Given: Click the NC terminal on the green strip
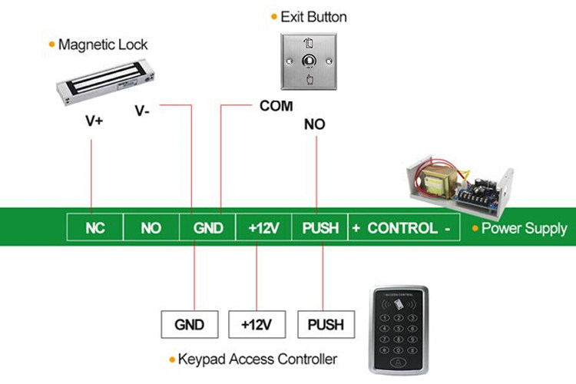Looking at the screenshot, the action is pyautogui.click(x=94, y=228).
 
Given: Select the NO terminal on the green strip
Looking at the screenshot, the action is pyautogui.click(x=151, y=228).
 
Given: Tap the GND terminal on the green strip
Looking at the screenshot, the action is pyautogui.click(x=207, y=228).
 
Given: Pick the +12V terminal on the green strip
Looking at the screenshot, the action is pyautogui.click(x=263, y=228).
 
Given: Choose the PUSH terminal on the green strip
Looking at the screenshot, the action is pyautogui.click(x=320, y=228).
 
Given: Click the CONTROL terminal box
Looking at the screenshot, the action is pyautogui.click(x=404, y=228).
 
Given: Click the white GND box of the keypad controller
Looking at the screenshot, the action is pyautogui.click(x=190, y=324).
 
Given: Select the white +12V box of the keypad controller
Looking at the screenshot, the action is pyautogui.click(x=257, y=324).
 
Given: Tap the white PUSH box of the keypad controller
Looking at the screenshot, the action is pyautogui.click(x=326, y=324).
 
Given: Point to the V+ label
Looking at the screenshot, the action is pyautogui.click(x=94, y=121).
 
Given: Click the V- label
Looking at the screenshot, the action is pyautogui.click(x=142, y=111).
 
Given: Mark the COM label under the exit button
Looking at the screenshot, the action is pyautogui.click(x=276, y=106).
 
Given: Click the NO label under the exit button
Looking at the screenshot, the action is pyautogui.click(x=314, y=124).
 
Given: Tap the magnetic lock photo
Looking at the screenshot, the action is pyautogui.click(x=106, y=81).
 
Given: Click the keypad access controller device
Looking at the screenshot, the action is pyautogui.click(x=399, y=329).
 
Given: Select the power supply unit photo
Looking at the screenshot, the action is pyautogui.click(x=460, y=187).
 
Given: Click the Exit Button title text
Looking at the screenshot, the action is pyautogui.click(x=313, y=17).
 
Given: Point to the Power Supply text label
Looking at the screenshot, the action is pyautogui.click(x=525, y=228).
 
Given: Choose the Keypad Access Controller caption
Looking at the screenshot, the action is pyautogui.click(x=257, y=359).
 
